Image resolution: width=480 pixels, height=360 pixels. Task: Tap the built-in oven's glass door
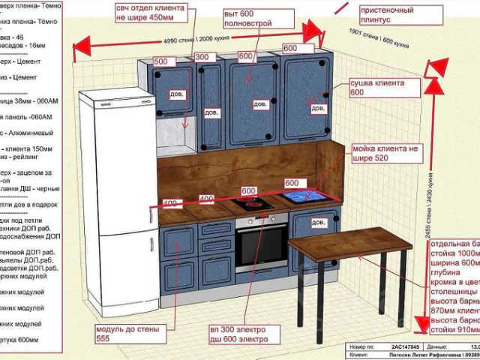[x=261, y=248]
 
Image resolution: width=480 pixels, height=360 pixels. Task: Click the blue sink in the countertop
[x=304, y=197]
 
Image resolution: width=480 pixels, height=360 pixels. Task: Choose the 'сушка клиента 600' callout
[x=376, y=88]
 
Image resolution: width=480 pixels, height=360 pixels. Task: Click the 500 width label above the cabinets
[x=160, y=61]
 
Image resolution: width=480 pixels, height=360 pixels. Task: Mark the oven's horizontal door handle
[x=261, y=226]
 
